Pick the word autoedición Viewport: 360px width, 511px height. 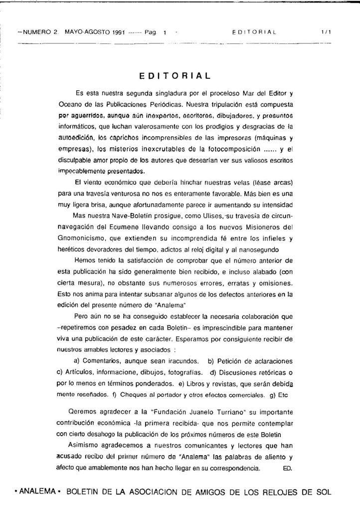[76, 137]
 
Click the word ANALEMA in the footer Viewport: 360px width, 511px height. [37, 491]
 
